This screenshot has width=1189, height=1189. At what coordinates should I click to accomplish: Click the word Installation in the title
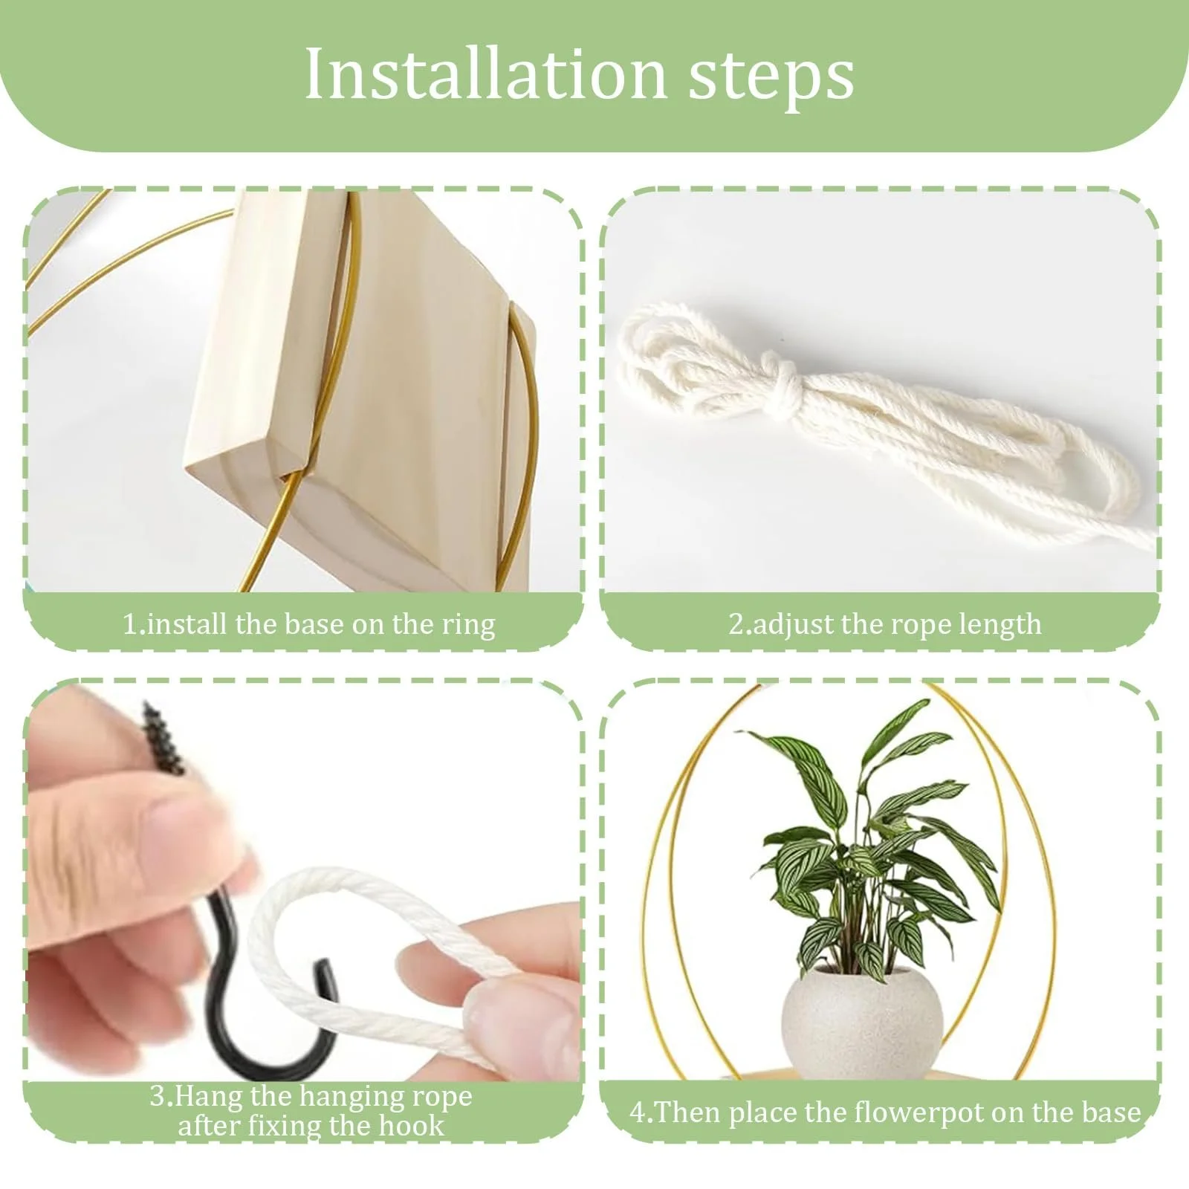pos(485,74)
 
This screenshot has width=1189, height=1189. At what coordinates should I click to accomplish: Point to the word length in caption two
pos(1000,625)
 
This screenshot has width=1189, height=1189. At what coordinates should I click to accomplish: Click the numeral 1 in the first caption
pos(129,625)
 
